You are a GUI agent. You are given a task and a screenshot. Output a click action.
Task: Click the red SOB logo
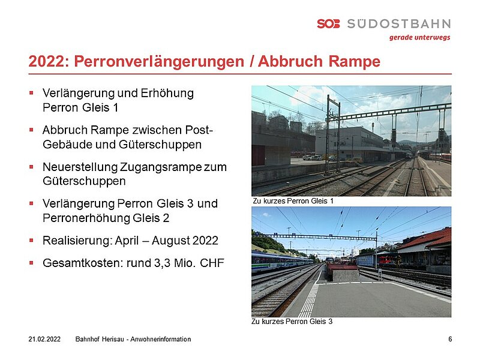coord(328,23)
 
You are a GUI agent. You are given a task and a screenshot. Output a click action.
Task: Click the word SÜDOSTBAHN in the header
coord(399,23)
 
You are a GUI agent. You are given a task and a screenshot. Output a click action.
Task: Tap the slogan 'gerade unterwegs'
coord(419,38)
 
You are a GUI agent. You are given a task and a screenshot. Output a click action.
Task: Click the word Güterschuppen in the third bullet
coord(84,181)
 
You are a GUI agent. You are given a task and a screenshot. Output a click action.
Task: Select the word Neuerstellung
coord(80,167)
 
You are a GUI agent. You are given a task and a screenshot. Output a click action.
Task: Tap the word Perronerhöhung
coord(86,218)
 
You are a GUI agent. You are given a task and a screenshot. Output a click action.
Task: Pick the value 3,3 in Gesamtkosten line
coord(162,263)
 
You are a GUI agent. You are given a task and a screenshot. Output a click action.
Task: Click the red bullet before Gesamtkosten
coord(31,263)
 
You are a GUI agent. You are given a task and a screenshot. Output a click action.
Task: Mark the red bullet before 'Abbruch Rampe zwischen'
coord(31,130)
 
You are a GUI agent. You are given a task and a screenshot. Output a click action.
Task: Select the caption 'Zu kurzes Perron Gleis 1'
coord(293,201)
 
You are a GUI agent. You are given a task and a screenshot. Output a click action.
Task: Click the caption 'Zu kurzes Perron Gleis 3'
coord(292,322)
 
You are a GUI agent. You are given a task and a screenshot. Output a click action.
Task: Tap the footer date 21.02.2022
coord(44,339)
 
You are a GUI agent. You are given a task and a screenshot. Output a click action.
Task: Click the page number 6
coord(450,339)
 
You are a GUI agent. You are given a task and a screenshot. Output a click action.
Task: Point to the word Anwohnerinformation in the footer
coord(161,339)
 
